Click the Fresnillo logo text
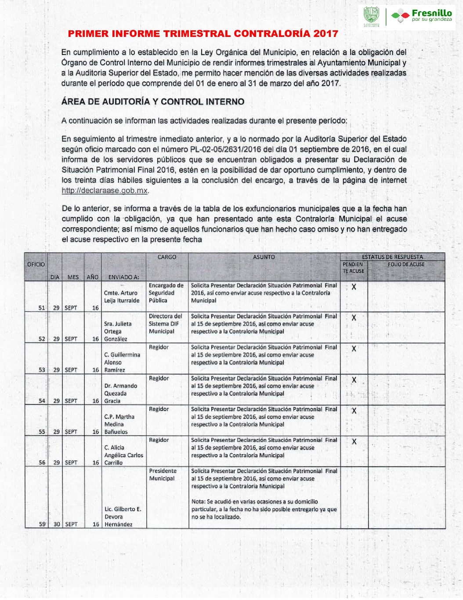pyautogui.click(x=431, y=14)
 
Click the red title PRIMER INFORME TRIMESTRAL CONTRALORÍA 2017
pyautogui.click(x=203, y=33)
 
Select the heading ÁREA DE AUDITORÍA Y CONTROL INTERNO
pyautogui.click(x=152, y=102)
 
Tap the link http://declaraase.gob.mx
pyautogui.click(x=105, y=190)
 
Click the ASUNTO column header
pyautogui.click(x=264, y=257)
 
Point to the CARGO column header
pyautogui.click(x=167, y=257)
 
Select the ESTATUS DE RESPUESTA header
pyautogui.click(x=392, y=257)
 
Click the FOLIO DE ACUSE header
pyautogui.click(x=406, y=264)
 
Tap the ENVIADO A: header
pyautogui.click(x=123, y=277)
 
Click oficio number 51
pyautogui.click(x=42, y=308)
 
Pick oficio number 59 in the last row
pyautogui.click(x=42, y=524)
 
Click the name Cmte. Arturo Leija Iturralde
pyautogui.click(x=121, y=297)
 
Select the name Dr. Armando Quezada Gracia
pyautogui.click(x=120, y=393)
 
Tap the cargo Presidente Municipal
pyautogui.click(x=163, y=474)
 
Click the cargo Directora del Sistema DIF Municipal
pyautogui.click(x=165, y=324)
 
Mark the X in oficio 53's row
pyautogui.click(x=354, y=349)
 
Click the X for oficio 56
pyautogui.click(x=354, y=441)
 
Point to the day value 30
pyautogui.click(x=56, y=524)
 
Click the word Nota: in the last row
pyautogui.click(x=198, y=502)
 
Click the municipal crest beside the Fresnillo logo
pyautogui.click(x=371, y=16)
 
